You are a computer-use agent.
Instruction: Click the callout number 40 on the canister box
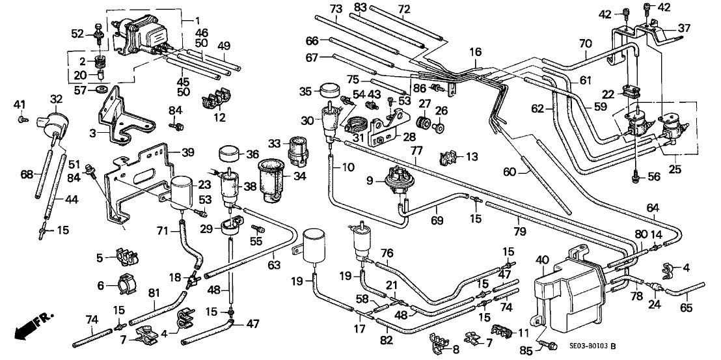(539, 261)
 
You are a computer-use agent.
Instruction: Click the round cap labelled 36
(229, 154)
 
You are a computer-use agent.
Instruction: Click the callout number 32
(56, 99)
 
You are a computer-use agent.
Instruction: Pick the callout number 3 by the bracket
(94, 132)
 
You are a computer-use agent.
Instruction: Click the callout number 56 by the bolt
(654, 176)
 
